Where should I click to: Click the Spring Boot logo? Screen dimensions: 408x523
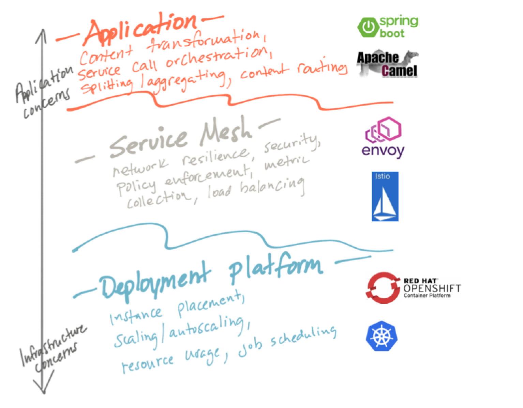pos(387,27)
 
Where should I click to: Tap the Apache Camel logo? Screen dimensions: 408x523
pos(387,64)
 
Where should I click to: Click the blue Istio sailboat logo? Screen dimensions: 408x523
pos(385,197)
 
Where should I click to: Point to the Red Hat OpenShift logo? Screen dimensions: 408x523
pos(413,288)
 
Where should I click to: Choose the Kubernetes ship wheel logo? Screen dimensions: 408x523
pos(382,336)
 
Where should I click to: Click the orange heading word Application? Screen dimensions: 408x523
pos(140,29)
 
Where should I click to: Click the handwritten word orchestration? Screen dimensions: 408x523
pos(217,58)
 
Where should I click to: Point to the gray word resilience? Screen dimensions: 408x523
pos(214,156)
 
